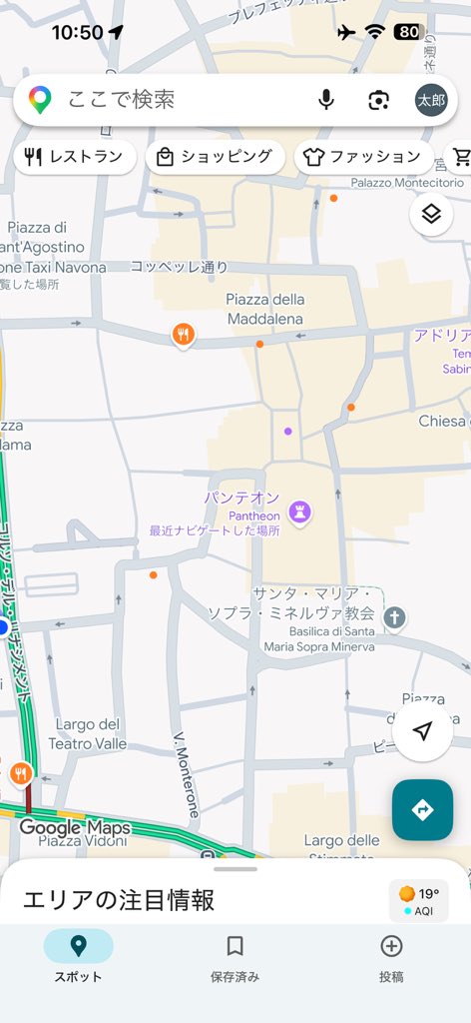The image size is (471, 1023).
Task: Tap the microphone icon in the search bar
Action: point(325,100)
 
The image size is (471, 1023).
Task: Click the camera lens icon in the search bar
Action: point(378,100)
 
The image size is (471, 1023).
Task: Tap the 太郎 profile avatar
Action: point(431,100)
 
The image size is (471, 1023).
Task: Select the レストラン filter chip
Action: point(75,157)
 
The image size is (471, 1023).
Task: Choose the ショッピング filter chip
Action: point(215,157)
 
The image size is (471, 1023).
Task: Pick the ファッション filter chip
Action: point(362,157)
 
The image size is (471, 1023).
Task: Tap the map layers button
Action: point(431,214)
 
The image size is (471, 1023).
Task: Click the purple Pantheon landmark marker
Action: point(299,513)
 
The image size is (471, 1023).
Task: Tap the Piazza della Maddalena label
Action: point(264,309)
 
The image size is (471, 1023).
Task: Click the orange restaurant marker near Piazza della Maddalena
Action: point(183,335)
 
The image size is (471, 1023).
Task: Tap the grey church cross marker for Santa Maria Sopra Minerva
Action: point(395,617)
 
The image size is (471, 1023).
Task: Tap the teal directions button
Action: point(422,809)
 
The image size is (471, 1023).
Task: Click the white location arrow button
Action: point(422,732)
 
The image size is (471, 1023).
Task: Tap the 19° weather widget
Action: point(418,900)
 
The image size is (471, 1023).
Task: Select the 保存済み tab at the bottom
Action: point(235,957)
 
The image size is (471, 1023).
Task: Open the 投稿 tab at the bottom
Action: point(391,957)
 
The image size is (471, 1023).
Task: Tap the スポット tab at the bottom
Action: point(78,957)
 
